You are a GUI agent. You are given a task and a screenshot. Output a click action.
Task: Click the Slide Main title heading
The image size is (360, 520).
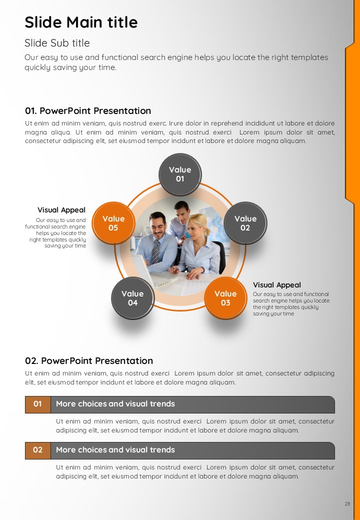81,22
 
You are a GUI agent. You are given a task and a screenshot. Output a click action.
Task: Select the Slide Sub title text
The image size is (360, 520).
57,43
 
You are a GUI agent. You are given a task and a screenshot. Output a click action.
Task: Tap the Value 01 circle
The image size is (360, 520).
180,174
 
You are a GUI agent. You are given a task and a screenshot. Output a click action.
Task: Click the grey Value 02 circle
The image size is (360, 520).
245,223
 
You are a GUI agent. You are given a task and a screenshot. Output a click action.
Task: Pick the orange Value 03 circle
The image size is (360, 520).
225,298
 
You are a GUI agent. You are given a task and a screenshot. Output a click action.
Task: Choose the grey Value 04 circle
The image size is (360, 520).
132,298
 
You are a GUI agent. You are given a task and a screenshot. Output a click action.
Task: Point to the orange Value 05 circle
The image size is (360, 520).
113,223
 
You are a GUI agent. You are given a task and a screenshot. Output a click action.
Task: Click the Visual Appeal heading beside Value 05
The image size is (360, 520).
61,210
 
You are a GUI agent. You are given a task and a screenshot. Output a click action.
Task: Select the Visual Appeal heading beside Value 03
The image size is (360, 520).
277,285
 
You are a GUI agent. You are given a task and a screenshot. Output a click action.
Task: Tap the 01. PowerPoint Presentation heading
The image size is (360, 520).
88,111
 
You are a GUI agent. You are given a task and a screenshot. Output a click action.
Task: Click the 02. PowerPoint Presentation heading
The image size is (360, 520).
89,361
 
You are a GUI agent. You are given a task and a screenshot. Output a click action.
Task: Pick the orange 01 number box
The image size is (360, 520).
38,404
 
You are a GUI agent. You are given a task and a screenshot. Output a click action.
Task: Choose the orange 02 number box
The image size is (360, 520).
38,450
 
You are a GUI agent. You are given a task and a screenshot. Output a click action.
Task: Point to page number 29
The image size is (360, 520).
347,504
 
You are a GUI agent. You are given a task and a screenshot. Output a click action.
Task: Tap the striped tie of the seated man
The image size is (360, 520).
155,252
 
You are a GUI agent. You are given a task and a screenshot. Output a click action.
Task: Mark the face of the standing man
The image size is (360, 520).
181,212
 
